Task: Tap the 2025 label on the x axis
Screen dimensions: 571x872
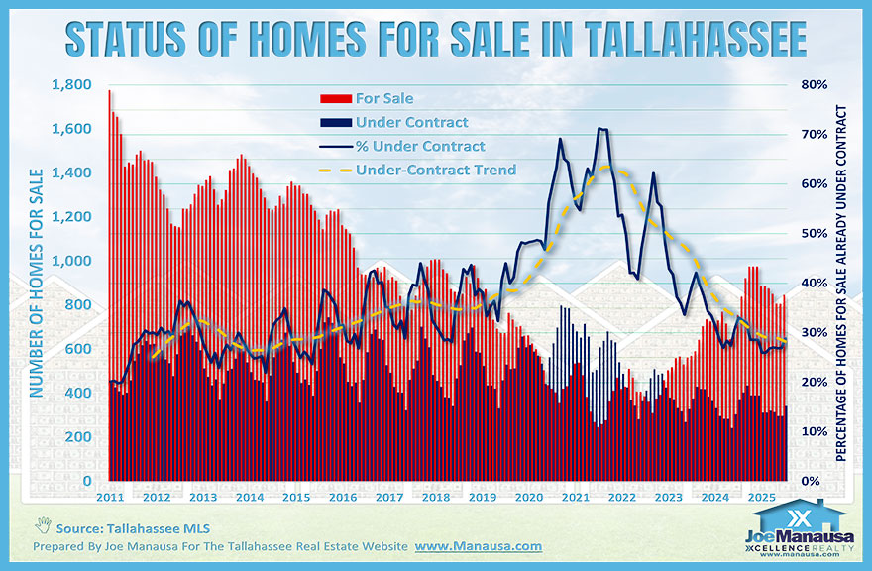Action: (762, 497)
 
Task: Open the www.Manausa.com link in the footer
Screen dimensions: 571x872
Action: (478, 546)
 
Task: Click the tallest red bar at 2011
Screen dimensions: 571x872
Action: (109, 287)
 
